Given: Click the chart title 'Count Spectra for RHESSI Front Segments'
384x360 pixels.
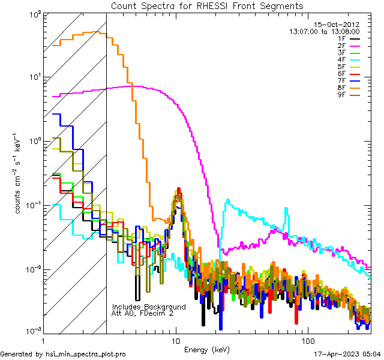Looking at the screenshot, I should point(207,5).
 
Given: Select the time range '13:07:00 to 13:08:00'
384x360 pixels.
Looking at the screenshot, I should point(324,31).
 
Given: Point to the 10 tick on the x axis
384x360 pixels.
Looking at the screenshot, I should point(176,341).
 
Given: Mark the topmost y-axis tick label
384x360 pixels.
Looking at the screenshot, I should point(40,13).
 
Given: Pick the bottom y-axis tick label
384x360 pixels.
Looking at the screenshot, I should point(40,331).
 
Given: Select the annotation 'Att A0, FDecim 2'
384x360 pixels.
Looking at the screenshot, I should point(143,313).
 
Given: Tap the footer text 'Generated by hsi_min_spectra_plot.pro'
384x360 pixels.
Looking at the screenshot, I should point(63,354).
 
